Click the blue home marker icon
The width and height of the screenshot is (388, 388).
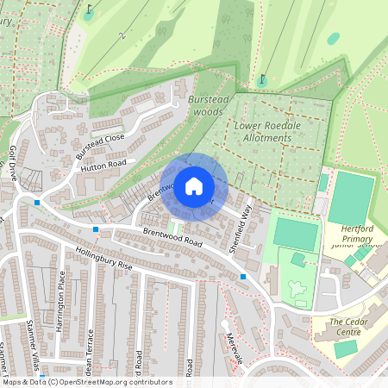tap(194, 186)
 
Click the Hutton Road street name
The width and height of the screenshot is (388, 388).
tap(103, 166)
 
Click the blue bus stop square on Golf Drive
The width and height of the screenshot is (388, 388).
tap(37, 202)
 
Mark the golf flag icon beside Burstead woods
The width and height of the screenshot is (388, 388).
tap(261, 80)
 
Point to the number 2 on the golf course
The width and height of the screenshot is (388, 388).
tap(123, 36)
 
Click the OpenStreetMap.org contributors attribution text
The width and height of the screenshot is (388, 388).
tap(124, 382)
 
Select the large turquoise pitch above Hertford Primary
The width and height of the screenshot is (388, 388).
tap(351, 197)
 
